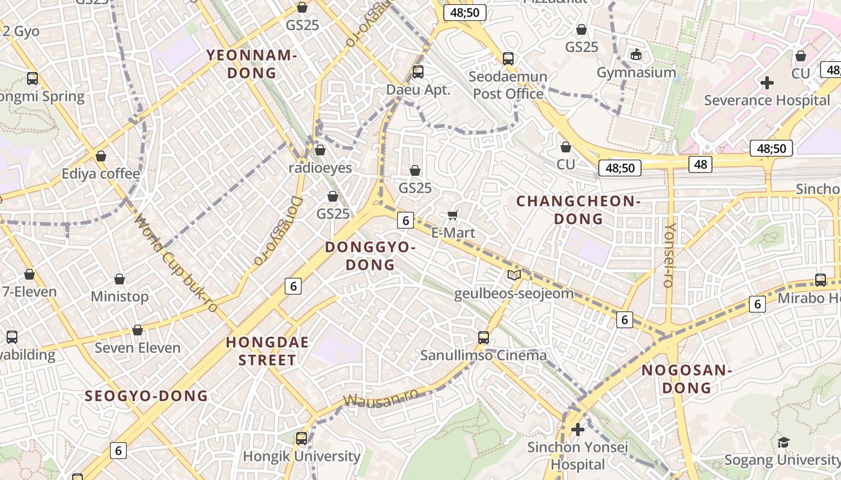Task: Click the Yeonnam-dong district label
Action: point(252,64)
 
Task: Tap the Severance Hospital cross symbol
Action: point(767,83)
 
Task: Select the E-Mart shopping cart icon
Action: point(453,215)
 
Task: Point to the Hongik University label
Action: point(302,457)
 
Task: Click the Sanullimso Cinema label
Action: point(484,355)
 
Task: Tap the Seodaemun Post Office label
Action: point(508,85)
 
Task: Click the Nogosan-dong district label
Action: point(687,379)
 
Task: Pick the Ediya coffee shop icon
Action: point(101,156)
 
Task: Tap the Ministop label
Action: point(120,296)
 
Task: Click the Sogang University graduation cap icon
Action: point(783,443)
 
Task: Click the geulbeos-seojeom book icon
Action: point(514,275)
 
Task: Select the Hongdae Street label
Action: point(267,351)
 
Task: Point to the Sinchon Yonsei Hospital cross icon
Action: point(578,430)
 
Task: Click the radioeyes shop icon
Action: point(320,150)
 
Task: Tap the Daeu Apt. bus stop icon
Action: point(418,72)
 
